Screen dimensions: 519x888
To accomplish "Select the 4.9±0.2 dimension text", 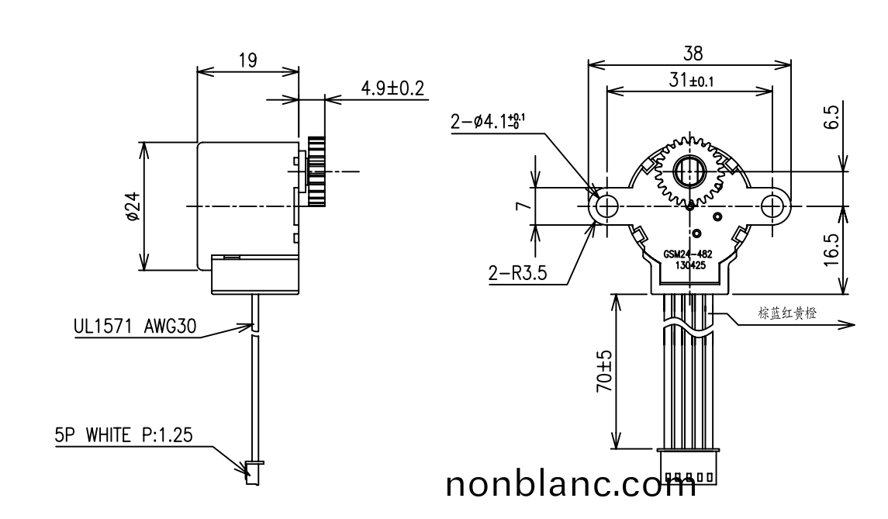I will click(392, 88).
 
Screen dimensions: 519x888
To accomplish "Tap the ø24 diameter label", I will click(132, 207).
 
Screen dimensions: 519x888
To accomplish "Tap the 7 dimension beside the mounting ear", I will click(523, 206).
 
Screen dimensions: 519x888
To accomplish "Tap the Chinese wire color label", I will click(786, 313).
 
